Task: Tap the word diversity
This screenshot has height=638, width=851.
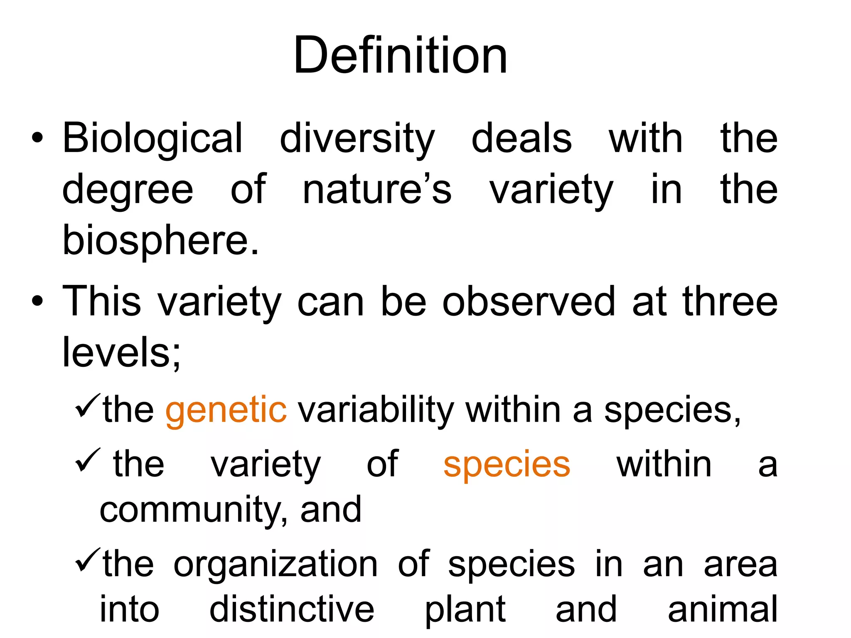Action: tap(357, 139)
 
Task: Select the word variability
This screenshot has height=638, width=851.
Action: tap(376, 410)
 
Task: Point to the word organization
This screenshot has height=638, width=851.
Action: tap(275, 564)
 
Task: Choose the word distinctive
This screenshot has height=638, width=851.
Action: tap(292, 609)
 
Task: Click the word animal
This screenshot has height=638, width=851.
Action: tap(722, 609)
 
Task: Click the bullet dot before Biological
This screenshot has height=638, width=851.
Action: tap(37, 138)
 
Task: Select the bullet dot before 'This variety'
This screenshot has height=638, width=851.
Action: tap(37, 302)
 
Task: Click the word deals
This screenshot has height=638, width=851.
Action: tap(521, 139)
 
